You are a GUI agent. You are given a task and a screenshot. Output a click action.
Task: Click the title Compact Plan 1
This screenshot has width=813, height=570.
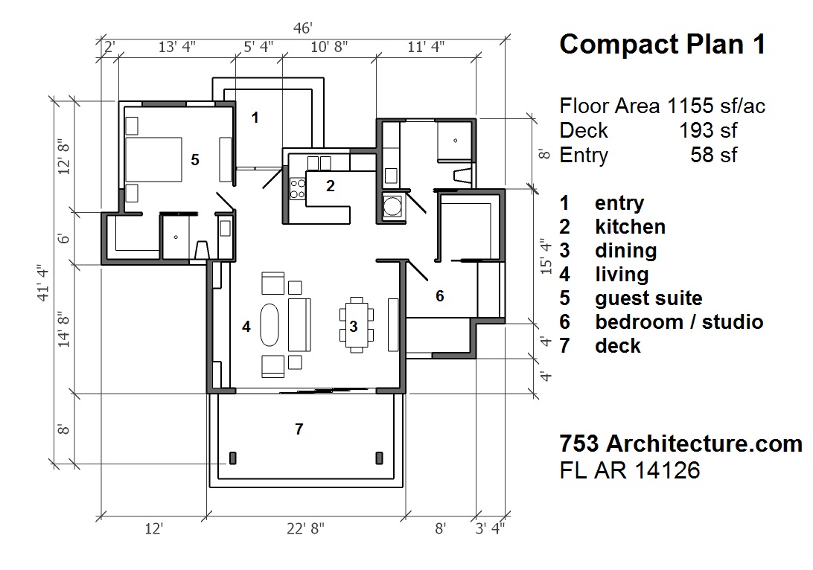pos(662,45)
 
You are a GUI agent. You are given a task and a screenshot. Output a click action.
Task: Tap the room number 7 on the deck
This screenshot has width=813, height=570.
pos(299,429)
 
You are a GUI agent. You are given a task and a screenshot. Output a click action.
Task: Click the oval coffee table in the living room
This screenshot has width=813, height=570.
pos(270,324)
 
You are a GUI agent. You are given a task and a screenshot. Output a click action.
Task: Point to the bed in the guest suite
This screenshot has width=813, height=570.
pos(153,159)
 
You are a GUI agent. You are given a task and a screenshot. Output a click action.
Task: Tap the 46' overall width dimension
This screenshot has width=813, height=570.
pos(302,28)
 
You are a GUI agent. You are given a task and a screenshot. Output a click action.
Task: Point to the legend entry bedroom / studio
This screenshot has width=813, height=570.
pos(679,321)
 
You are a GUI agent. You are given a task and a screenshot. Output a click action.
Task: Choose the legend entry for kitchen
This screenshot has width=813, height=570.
pos(630,226)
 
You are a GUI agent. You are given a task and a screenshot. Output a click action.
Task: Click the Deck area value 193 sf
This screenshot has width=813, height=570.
pos(707,130)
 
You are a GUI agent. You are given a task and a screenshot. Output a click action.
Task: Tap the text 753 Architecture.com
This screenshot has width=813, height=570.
pos(680,443)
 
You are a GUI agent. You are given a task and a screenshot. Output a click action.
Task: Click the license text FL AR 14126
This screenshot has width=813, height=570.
pos(629,470)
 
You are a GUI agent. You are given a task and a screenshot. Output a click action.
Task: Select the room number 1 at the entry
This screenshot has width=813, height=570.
pos(255,117)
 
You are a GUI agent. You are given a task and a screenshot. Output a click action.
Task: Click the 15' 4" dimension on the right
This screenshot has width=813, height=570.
pos(546,254)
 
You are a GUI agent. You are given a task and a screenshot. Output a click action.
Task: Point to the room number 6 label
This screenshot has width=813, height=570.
pos(440,296)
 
